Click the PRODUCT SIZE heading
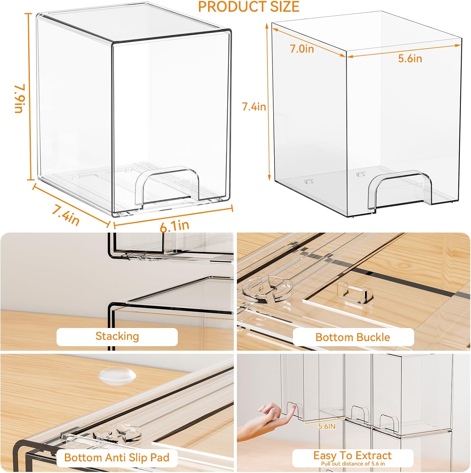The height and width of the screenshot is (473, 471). [x=249, y=7]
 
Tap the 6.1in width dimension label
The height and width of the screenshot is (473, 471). [x=174, y=226]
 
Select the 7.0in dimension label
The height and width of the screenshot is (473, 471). [x=302, y=49]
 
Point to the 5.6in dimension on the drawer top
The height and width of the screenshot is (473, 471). [x=410, y=58]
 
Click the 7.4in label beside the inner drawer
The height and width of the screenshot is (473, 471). [x=254, y=107]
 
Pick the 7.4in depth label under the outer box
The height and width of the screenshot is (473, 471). [x=66, y=215]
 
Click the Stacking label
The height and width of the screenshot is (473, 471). [x=117, y=336]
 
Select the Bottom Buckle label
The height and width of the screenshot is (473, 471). [x=353, y=337]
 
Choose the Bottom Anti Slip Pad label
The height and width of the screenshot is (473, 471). [x=117, y=457]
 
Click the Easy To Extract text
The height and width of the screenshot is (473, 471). [x=352, y=455]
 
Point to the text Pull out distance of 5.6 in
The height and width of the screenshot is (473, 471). [x=353, y=464]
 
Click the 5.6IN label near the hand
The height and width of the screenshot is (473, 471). [x=327, y=426]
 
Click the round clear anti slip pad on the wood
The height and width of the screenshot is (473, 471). [x=117, y=375]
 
